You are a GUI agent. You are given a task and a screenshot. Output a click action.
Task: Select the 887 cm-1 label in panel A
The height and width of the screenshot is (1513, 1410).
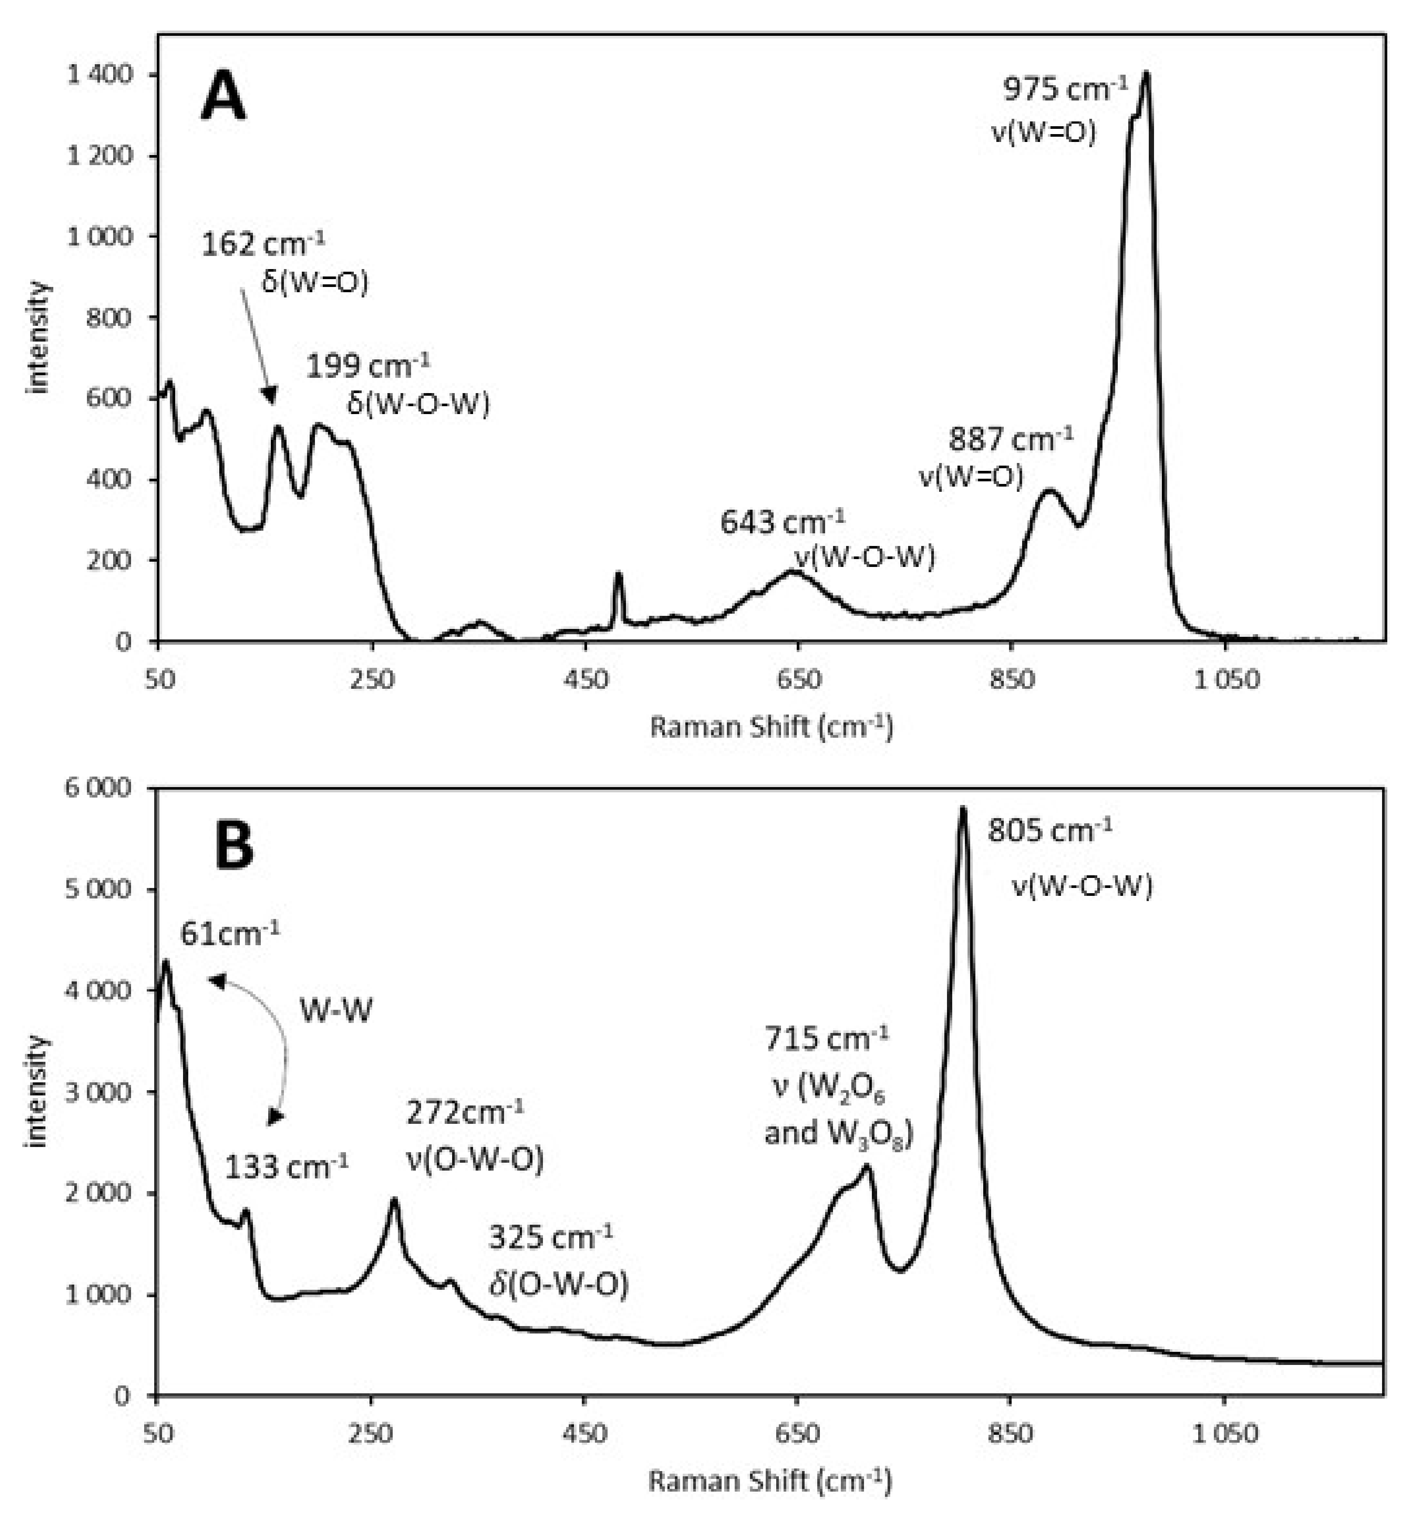1010,439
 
